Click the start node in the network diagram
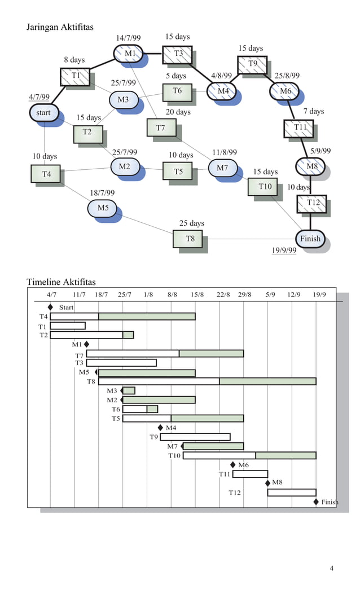click(x=43, y=113)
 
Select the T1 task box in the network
click(x=75, y=76)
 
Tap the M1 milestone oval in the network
click(x=129, y=54)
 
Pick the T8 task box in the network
click(x=190, y=239)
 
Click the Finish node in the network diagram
click(x=310, y=239)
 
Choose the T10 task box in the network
click(x=265, y=187)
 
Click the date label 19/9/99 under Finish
click(x=284, y=251)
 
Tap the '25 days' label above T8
click(x=191, y=223)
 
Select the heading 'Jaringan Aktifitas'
click(x=60, y=27)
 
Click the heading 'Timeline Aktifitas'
click(x=61, y=282)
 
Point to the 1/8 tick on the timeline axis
click(x=148, y=295)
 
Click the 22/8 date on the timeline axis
click(x=223, y=295)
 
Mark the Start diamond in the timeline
click(x=50, y=307)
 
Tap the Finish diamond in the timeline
click(x=315, y=502)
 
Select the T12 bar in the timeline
click(x=291, y=493)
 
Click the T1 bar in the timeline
click(x=68, y=326)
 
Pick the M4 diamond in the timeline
click(x=160, y=427)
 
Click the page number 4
click(x=332, y=568)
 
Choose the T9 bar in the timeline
click(x=195, y=437)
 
